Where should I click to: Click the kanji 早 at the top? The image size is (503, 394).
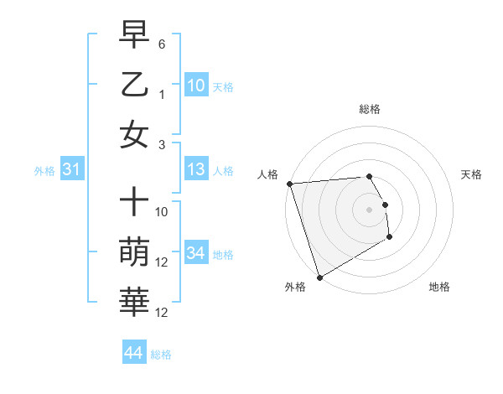coord(134,35)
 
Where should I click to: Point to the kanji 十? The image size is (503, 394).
coord(134,202)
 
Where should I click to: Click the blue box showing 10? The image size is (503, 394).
coord(196,85)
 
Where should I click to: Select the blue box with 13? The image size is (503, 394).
coord(196,169)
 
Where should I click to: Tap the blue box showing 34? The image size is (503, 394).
coord(196,253)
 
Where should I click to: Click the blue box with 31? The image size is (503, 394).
coord(71,169)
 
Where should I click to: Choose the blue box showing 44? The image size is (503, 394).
coord(133,353)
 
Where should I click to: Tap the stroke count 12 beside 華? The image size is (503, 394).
coord(162,313)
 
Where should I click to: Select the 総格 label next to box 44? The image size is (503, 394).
coord(161,355)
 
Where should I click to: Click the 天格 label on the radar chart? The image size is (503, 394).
coord(471,174)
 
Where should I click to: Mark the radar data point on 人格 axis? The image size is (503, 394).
coord(289,184)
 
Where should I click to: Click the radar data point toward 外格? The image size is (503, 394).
coord(319,277)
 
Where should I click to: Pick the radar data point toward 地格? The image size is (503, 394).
coord(391,238)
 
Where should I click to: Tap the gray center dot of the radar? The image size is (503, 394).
coord(369,209)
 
